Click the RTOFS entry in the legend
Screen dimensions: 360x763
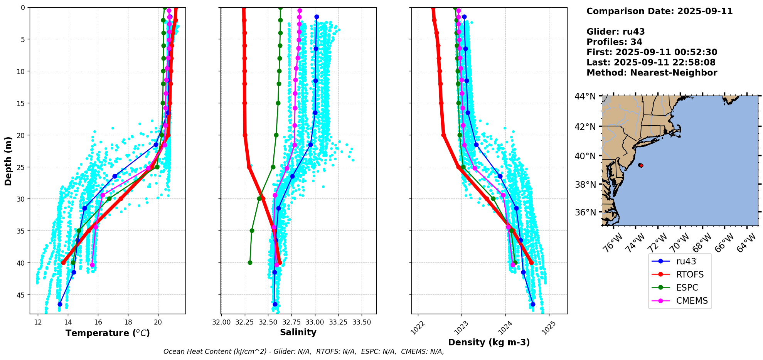pos(689,274)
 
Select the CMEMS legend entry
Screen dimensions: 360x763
pos(692,301)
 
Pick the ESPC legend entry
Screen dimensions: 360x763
pos(687,288)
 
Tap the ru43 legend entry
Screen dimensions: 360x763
pos(686,261)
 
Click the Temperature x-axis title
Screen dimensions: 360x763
pos(108,333)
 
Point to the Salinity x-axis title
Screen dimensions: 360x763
pos(298,332)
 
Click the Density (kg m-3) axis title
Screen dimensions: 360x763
pos(489,342)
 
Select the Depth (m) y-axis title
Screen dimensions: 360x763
pos(8,161)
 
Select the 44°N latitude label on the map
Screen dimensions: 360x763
pos(585,96)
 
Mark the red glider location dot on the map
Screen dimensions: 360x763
pos(641,165)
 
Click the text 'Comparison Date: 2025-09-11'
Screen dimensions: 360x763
pos(659,11)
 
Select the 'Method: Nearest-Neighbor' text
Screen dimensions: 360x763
pos(652,73)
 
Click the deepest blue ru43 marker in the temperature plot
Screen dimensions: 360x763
pos(60,304)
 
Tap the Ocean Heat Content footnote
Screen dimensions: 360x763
pos(303,352)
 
